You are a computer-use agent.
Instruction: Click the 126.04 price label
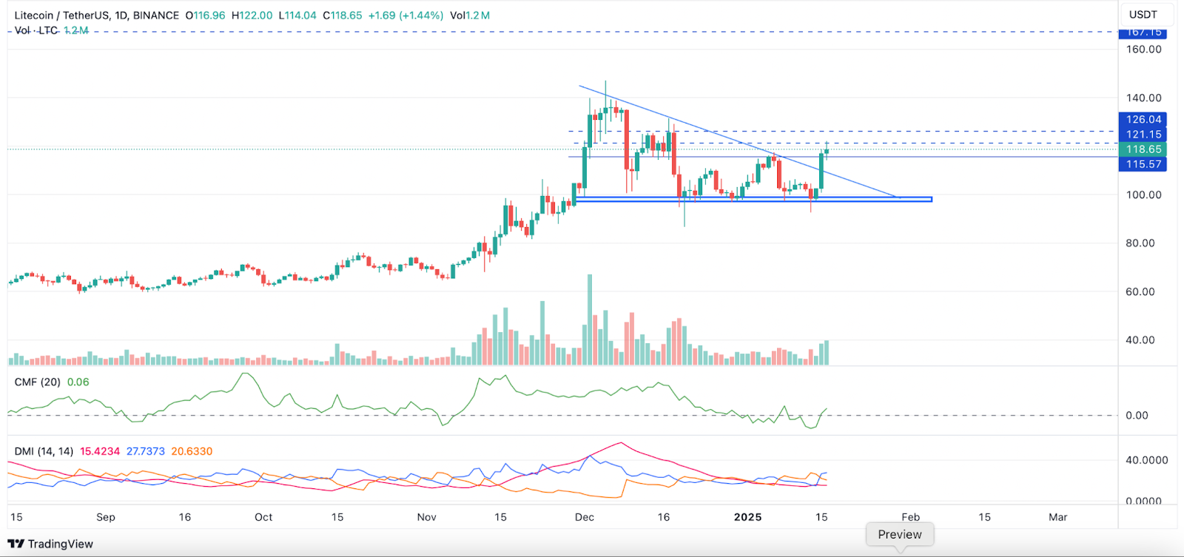[1143, 119]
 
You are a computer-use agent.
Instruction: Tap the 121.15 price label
[1143, 135]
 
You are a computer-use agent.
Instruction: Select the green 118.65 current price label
[1143, 149]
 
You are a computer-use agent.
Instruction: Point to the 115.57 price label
[1143, 164]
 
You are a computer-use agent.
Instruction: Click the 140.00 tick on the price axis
[1143, 98]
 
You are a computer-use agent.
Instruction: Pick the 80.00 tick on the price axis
[1140, 243]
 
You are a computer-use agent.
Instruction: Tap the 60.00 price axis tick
[1140, 292]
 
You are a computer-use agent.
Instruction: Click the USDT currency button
[1143, 15]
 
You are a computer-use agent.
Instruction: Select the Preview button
[900, 535]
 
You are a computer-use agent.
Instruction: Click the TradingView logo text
[60, 544]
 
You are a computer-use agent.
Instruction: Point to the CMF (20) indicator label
[38, 382]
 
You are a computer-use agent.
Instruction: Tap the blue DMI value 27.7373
[145, 451]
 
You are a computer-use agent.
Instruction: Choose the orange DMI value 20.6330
[192, 451]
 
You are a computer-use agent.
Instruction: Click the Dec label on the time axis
[585, 517]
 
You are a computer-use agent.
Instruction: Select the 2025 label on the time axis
[747, 517]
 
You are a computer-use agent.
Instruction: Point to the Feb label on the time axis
[910, 517]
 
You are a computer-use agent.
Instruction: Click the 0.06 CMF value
[78, 382]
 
